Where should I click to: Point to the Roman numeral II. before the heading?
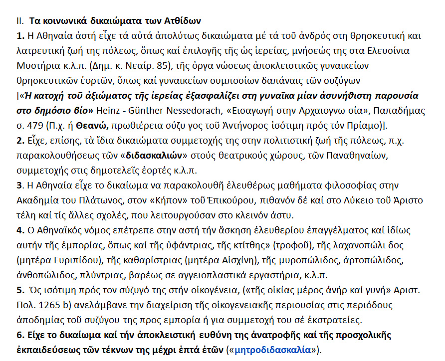[x=20, y=21]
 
